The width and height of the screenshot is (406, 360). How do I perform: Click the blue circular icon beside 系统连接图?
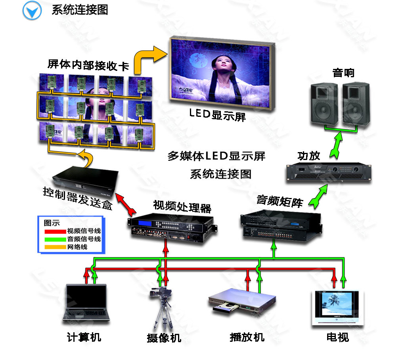pos(32,10)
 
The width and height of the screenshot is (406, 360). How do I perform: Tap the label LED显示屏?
pos(217,116)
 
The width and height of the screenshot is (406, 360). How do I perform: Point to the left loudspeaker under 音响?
pos(324,104)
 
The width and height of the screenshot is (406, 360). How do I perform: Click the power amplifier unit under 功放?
pos(329,173)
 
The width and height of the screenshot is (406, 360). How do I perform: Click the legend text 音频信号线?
pos(84,239)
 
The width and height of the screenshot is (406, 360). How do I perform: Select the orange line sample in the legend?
pos(54,247)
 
